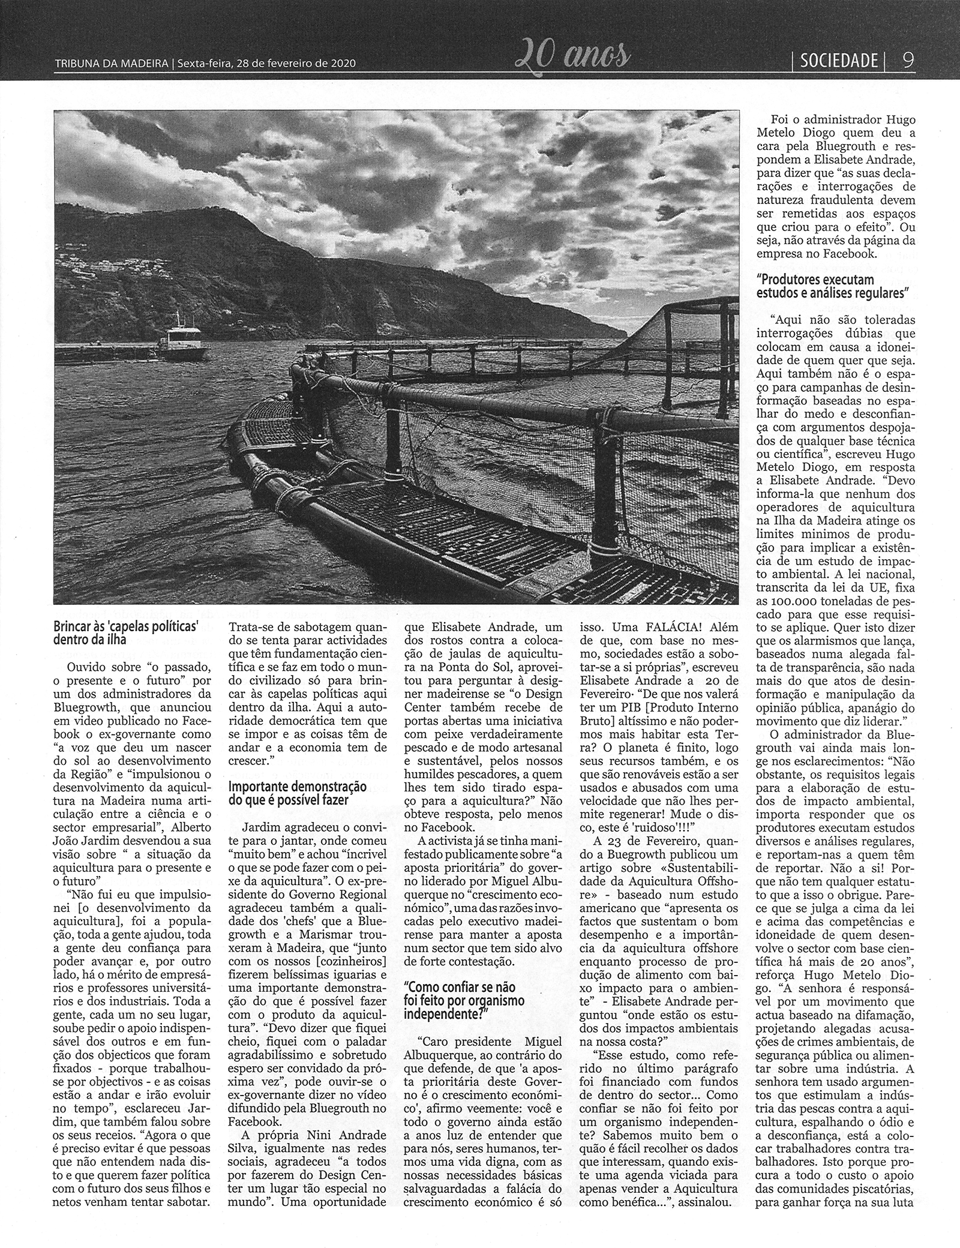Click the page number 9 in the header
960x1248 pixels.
coord(908,61)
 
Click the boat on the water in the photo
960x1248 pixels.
coord(182,340)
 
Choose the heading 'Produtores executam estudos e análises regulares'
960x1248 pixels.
coord(833,286)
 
